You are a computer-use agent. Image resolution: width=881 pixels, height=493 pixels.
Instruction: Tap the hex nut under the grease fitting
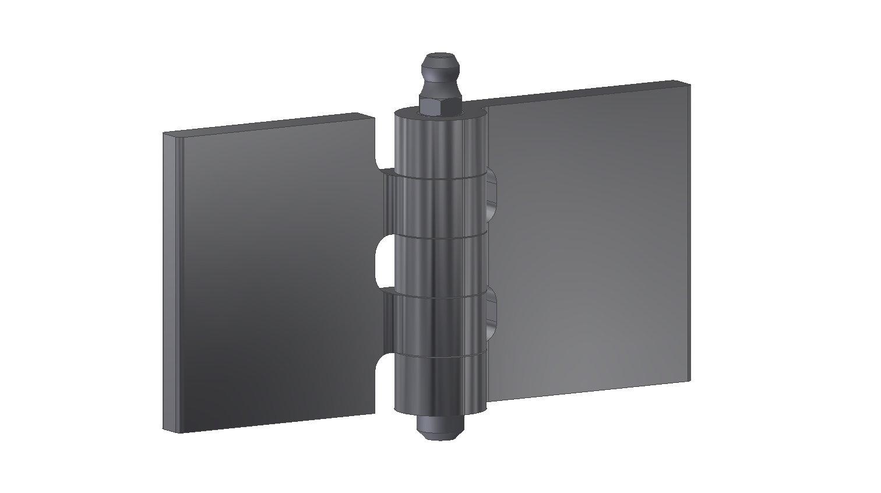coord(440,105)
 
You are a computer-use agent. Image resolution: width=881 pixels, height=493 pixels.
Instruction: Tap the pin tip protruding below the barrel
coord(440,428)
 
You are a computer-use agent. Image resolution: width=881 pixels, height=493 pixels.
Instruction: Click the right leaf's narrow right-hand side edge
coord(687,233)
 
